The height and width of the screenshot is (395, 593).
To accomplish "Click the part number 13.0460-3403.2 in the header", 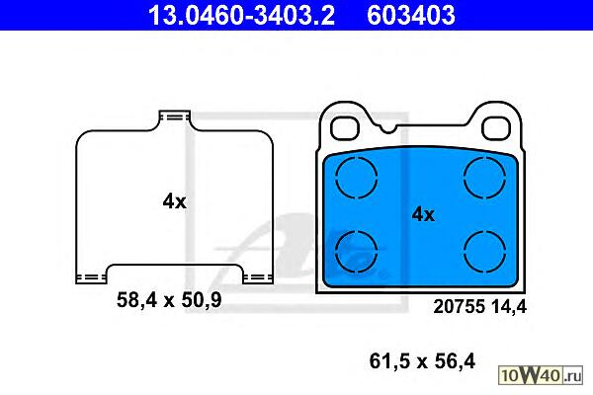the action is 241,16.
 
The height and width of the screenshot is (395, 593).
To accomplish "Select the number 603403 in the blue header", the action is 411,16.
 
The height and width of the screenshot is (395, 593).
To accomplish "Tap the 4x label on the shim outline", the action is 174,201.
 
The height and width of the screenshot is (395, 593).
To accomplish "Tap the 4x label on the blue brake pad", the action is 423,214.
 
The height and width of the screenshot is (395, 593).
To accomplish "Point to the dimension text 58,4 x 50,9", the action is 169,300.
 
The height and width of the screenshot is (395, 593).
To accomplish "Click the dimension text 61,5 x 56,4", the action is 422,361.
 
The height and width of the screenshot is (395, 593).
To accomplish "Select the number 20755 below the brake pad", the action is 460,306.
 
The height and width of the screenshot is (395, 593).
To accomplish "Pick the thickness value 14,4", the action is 509,307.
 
